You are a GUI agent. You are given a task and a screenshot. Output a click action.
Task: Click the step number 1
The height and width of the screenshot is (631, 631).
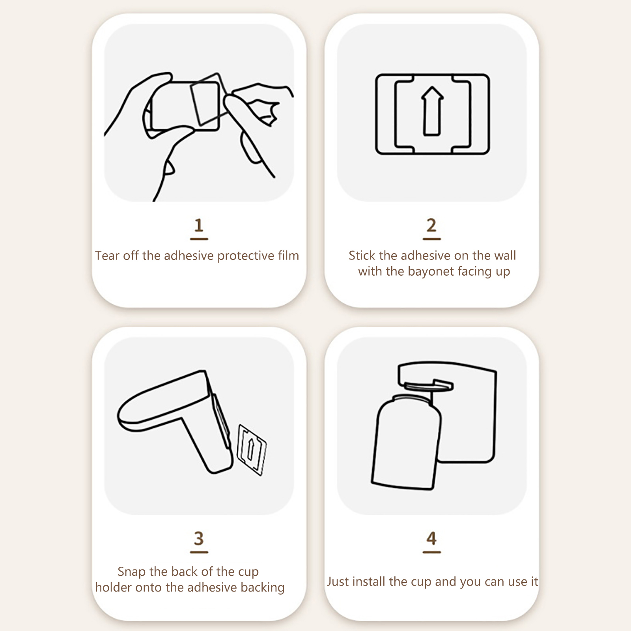pyautogui.click(x=199, y=225)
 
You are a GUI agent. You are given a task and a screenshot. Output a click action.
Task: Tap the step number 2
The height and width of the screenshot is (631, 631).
pyautogui.click(x=431, y=225)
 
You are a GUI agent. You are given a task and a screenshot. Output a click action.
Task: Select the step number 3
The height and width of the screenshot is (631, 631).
pyautogui.click(x=199, y=538)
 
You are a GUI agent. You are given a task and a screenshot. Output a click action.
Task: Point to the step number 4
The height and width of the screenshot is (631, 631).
pyautogui.click(x=431, y=538)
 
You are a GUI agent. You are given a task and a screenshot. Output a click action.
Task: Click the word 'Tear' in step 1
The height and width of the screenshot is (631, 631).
pyautogui.click(x=107, y=256)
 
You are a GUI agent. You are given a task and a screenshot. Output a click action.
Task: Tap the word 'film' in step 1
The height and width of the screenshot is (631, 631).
pyautogui.click(x=288, y=256)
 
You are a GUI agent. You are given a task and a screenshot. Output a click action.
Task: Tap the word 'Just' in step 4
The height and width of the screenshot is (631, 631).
pyautogui.click(x=338, y=582)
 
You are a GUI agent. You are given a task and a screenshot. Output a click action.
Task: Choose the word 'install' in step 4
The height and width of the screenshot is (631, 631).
pyautogui.click(x=370, y=582)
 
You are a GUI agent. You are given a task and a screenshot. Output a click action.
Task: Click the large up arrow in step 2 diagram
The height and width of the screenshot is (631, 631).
pyautogui.click(x=433, y=111)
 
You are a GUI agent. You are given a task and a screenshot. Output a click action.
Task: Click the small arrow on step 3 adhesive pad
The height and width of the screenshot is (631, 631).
pyautogui.click(x=250, y=449)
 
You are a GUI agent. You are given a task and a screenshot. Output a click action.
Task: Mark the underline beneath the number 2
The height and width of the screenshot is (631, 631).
pyautogui.click(x=431, y=239)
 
